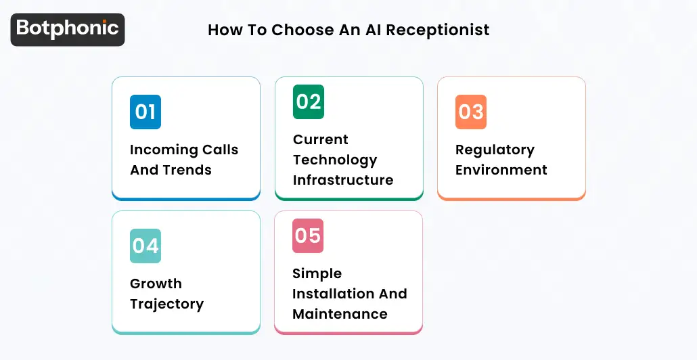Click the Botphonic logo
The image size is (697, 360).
tap(68, 29)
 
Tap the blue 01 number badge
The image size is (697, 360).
tap(145, 112)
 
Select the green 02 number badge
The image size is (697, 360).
tap(309, 102)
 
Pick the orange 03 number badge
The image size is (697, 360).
tap(471, 112)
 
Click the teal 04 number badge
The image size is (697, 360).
tap(145, 246)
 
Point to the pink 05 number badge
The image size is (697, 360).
tap(308, 235)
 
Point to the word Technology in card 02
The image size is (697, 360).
tap(335, 160)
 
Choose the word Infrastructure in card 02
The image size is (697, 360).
tap(343, 180)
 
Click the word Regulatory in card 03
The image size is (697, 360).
tap(495, 150)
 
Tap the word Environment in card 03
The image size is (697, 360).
tap(501, 170)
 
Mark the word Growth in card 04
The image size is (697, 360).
tap(156, 284)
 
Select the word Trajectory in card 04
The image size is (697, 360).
tap(166, 304)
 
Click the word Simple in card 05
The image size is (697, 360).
tap(317, 273)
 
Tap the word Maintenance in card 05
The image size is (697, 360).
tap(340, 314)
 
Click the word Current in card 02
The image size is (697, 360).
tap(321, 139)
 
